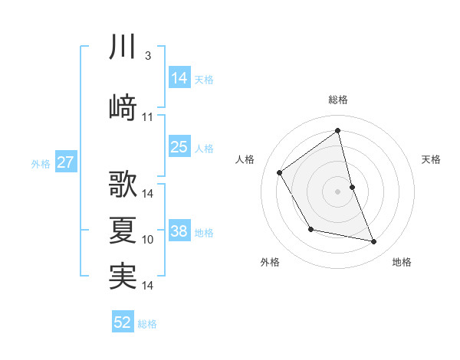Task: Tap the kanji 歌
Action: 123,185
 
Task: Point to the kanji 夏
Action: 123,231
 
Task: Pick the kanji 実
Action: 123,276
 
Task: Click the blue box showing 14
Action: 179,77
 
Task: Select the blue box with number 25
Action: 179,147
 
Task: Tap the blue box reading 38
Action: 179,231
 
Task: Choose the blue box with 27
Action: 65,162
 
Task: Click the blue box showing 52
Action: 123,322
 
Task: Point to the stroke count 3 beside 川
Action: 147,57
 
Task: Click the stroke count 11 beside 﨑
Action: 148,117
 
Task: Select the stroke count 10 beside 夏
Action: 148,240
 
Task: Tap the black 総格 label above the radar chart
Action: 338,100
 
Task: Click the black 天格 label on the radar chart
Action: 432,159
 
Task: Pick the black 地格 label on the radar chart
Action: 402,262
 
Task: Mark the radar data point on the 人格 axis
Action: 280,172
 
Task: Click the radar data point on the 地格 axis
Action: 374,242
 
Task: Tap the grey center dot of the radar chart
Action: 338,191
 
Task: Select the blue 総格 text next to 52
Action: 147,324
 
